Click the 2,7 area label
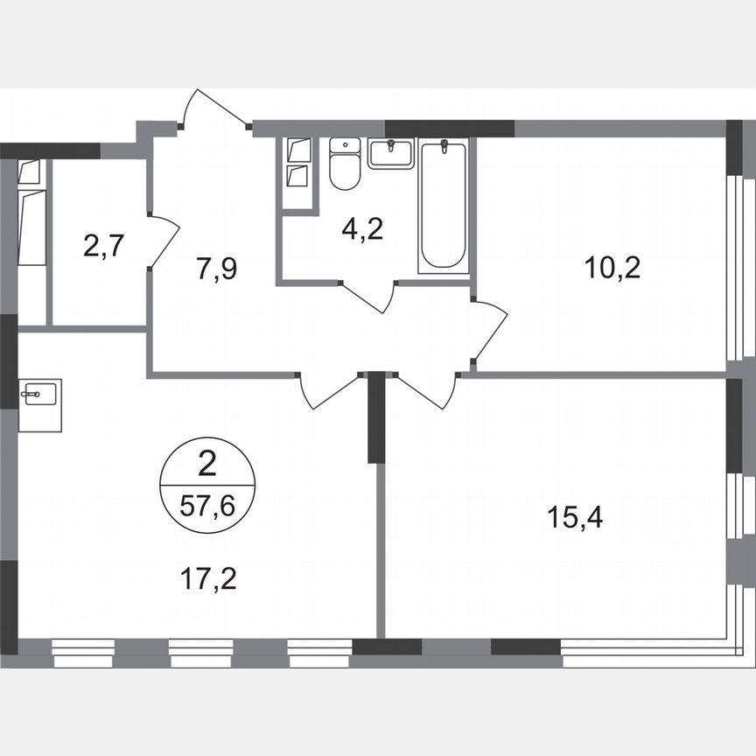[x=101, y=245]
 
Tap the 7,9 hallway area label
[x=218, y=269]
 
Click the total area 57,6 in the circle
[x=207, y=505]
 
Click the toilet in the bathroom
[x=346, y=165]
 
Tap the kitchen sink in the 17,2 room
[x=40, y=395]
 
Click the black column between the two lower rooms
[x=375, y=417]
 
